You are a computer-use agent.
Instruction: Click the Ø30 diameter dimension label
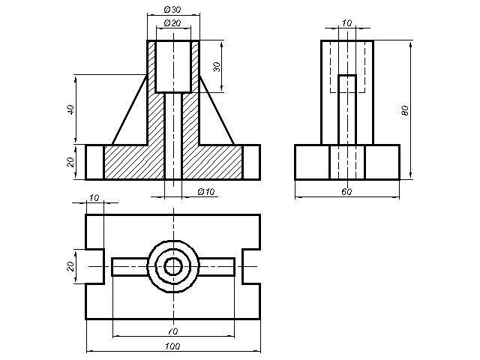(172, 10)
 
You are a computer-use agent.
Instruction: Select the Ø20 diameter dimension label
(172, 23)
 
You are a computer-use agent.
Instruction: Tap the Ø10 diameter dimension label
(206, 192)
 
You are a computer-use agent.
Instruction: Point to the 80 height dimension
(405, 110)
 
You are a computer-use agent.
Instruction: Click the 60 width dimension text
(346, 192)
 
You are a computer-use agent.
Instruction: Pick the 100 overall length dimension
(172, 346)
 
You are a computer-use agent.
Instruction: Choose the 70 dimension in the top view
(173, 331)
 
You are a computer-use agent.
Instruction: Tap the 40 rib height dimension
(70, 109)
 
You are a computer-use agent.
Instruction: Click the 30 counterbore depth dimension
(217, 67)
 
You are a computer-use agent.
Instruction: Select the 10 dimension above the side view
(346, 23)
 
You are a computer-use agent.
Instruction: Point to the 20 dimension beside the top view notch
(70, 266)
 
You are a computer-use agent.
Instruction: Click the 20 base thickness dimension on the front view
(70, 162)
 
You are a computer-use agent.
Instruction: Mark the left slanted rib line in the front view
(130, 109)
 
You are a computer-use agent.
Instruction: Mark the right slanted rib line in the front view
(217, 109)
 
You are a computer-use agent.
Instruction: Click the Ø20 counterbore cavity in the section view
(173, 67)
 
